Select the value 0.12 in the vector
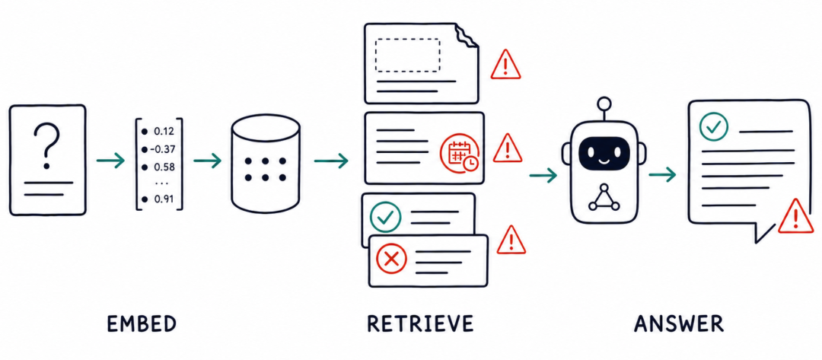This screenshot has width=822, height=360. click(x=164, y=131)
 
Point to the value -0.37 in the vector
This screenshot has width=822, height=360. click(x=163, y=149)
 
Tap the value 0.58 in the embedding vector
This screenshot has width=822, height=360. click(x=164, y=167)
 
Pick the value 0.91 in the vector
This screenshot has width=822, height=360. click(x=164, y=199)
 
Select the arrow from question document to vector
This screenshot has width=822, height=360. click(x=110, y=161)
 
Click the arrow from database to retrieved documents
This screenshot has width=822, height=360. click(x=331, y=161)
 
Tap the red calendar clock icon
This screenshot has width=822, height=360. click(x=459, y=152)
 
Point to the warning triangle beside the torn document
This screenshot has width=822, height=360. click(x=506, y=65)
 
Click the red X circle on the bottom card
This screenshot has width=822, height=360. click(x=392, y=259)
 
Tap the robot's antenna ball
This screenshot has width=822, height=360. click(x=604, y=104)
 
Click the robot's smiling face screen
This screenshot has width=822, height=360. click(x=604, y=153)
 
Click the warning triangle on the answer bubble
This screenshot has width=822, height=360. click(x=796, y=216)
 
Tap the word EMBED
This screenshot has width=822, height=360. click(x=142, y=323)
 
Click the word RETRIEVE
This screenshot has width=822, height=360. click(x=420, y=323)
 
